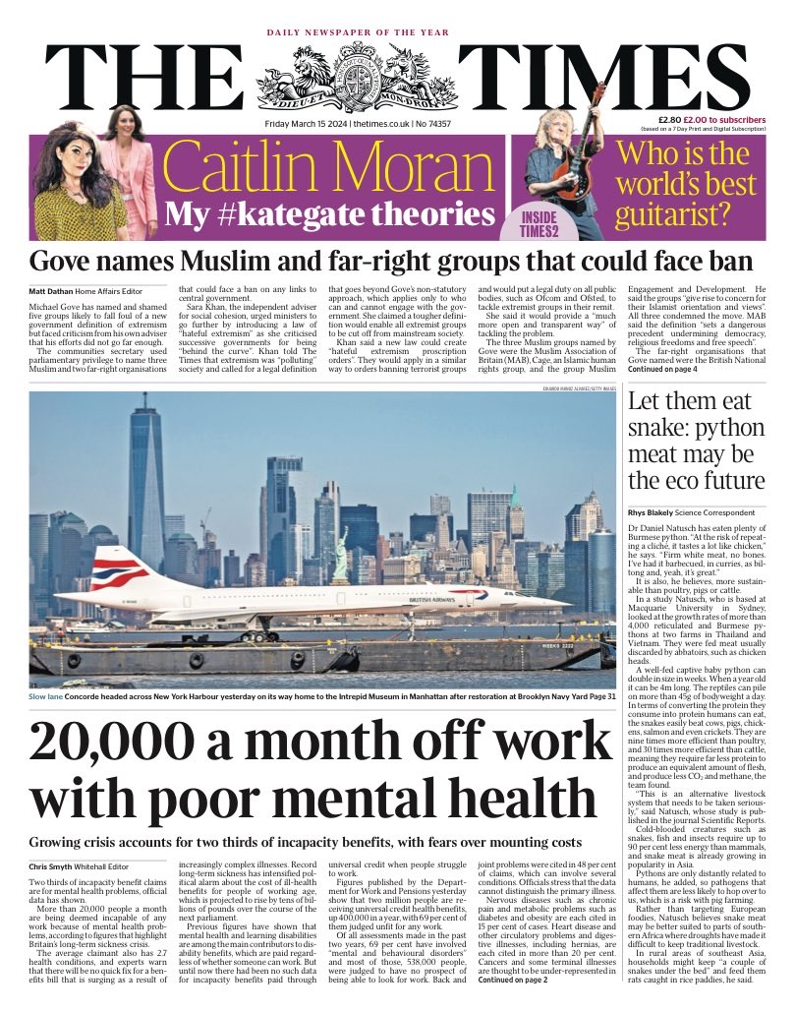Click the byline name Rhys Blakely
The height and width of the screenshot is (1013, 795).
658,511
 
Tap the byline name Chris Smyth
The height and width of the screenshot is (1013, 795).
55,866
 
